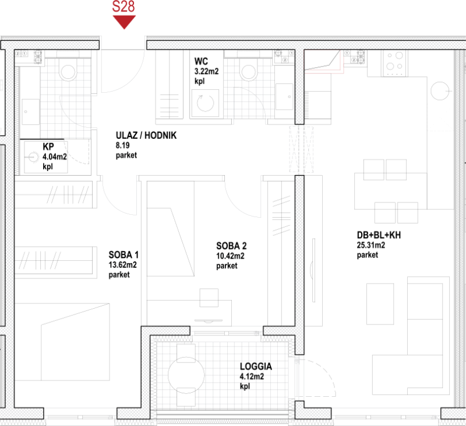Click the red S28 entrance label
(123, 6)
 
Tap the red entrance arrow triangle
(124, 22)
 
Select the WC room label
(201, 61)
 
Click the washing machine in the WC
(206, 103)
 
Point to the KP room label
(48, 146)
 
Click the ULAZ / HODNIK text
(146, 135)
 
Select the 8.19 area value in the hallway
(122, 145)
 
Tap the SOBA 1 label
(123, 255)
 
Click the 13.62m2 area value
(122, 265)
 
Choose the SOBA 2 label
(231, 246)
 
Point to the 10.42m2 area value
(230, 256)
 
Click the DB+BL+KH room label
(379, 235)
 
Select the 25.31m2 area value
(371, 245)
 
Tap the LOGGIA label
(256, 366)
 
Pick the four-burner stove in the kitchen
(394, 63)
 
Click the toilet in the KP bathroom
(68, 70)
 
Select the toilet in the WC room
(249, 71)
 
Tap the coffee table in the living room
(380, 303)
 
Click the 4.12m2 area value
(252, 376)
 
